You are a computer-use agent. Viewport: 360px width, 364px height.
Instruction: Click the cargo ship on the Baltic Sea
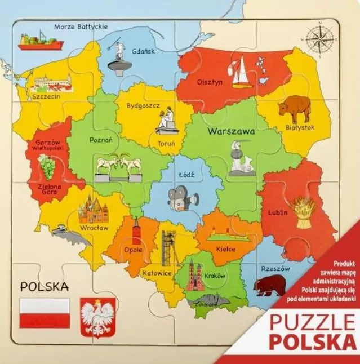point(38,41)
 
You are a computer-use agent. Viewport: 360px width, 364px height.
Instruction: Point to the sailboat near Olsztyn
point(241,72)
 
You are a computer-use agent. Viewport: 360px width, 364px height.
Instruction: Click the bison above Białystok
point(295,109)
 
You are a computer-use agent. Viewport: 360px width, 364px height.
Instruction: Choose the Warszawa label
point(231,131)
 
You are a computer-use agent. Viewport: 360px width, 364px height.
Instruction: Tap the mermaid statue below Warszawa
point(241,159)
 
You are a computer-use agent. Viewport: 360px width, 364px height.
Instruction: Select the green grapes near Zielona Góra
point(47,166)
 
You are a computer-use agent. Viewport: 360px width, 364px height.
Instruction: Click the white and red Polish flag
point(45,313)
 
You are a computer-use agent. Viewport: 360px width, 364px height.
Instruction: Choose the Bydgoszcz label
point(143,105)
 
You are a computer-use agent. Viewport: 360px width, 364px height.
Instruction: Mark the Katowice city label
point(157,273)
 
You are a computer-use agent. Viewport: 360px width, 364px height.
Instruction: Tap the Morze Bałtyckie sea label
point(81,26)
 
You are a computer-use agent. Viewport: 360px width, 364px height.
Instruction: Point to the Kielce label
point(225,249)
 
